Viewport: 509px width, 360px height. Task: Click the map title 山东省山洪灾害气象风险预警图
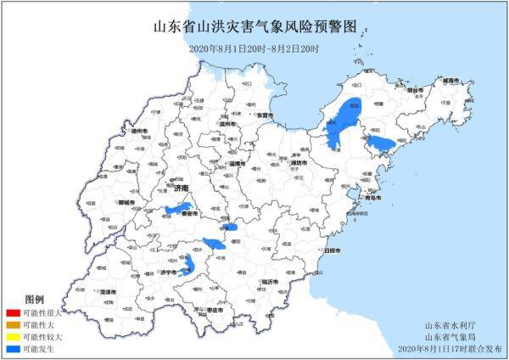254,28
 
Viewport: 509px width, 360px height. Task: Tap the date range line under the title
254,48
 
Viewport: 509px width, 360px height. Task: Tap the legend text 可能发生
38,349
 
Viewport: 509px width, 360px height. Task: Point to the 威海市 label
459,80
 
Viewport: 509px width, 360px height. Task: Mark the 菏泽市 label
108,291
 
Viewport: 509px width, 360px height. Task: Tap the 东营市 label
266,115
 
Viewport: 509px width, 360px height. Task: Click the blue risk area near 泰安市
179,208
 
